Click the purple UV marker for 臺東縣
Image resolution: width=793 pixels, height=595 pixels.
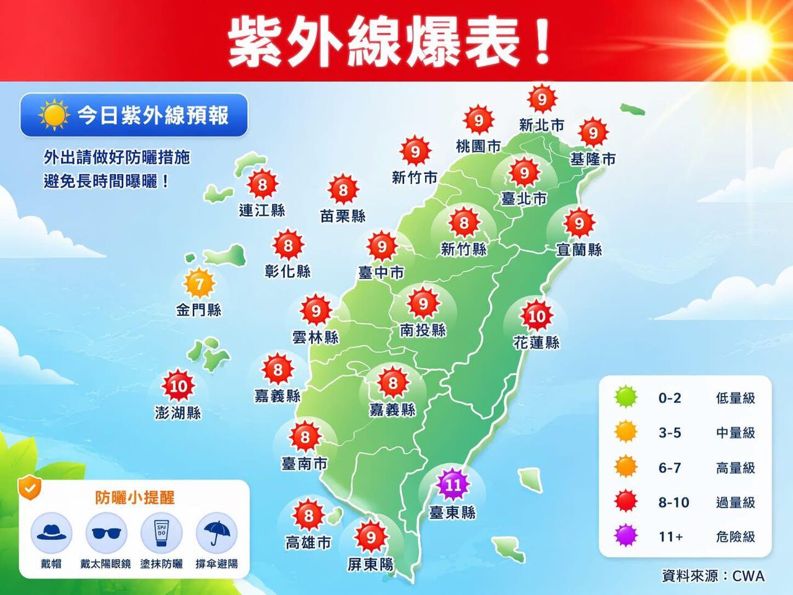click(453, 485)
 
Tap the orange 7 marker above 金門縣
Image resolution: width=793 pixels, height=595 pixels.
click(199, 284)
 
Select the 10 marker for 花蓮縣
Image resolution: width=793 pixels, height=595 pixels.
click(537, 317)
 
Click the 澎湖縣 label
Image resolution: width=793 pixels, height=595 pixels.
click(178, 412)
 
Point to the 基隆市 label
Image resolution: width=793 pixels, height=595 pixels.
click(593, 159)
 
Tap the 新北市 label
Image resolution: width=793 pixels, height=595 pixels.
click(541, 125)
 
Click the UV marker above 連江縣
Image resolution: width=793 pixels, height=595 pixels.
click(262, 184)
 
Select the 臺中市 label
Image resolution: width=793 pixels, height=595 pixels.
click(381, 273)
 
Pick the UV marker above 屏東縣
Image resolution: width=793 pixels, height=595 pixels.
click(370, 537)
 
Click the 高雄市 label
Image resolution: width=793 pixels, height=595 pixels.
click(308, 543)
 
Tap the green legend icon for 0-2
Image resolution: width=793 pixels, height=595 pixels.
click(626, 397)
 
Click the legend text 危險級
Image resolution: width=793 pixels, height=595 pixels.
click(735, 537)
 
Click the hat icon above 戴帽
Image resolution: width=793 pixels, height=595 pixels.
click(51, 533)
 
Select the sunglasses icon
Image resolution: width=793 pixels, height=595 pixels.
click(105, 534)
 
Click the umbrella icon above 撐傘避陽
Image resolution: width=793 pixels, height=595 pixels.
click(216, 533)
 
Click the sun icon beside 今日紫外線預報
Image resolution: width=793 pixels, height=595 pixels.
click(53, 115)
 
